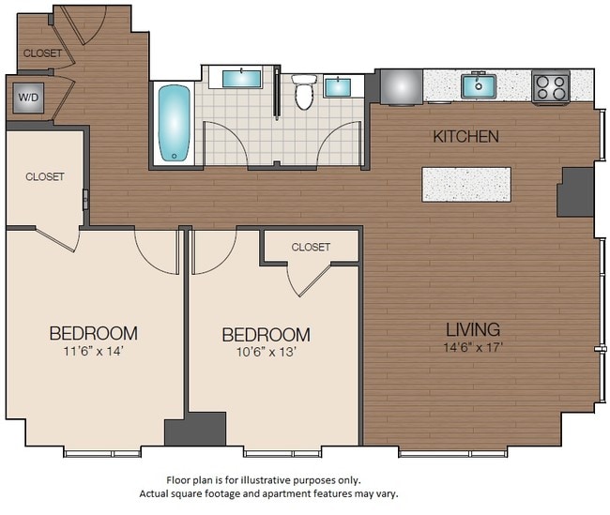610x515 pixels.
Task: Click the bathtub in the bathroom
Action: (175, 124)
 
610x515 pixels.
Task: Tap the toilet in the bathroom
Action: (303, 92)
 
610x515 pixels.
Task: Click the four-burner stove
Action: (550, 87)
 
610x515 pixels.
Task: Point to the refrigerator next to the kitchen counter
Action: (399, 87)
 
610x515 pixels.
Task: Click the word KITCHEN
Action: (465, 137)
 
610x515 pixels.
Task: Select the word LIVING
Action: (472, 329)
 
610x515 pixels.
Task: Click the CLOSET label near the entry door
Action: (42, 53)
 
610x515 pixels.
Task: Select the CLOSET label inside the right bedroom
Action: (311, 248)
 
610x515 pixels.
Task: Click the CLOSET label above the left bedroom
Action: (44, 176)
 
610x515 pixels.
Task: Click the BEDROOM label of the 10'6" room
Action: (266, 335)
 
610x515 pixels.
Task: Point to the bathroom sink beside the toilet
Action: (339, 87)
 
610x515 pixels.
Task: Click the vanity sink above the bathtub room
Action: (242, 78)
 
